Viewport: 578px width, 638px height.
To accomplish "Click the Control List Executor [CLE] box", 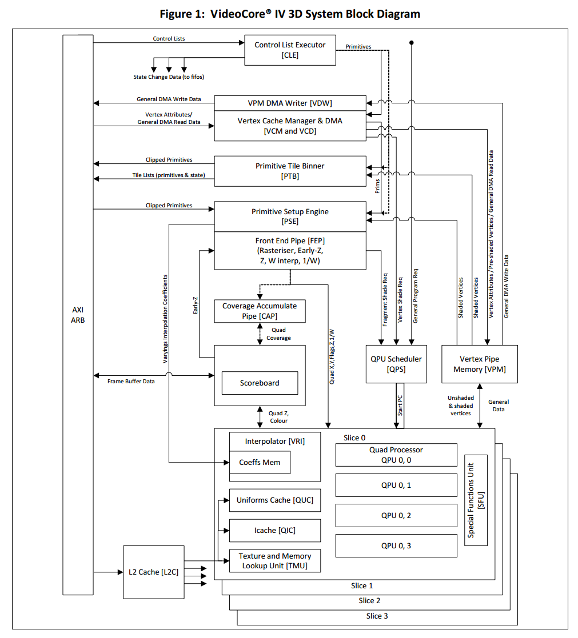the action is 290,50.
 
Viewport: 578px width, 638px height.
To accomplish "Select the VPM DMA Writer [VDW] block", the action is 290,103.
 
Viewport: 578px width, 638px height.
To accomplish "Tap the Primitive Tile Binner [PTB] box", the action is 290,171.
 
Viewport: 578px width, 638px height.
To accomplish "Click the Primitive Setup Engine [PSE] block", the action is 290,216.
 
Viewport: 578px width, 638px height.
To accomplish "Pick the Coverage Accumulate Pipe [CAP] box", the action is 259,311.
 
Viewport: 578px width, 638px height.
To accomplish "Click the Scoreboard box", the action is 260,383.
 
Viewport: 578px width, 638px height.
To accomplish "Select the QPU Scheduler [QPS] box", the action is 396,364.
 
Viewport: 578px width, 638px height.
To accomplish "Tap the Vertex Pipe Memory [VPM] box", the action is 479,364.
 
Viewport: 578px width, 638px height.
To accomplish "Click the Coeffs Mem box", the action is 260,462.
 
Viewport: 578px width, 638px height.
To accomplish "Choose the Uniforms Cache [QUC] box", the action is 274,500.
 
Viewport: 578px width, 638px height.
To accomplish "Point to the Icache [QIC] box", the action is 274,531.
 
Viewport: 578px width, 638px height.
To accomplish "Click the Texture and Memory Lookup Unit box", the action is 274,560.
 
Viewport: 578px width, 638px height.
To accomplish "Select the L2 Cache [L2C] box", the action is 154,572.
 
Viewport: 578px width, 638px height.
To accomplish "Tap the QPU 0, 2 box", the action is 396,515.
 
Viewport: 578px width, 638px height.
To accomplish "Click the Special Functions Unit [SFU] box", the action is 476,500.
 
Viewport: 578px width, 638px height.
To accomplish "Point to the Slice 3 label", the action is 377,616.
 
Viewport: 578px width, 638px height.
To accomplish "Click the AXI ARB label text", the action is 78,315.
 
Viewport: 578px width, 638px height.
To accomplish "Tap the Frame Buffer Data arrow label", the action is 131,381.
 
